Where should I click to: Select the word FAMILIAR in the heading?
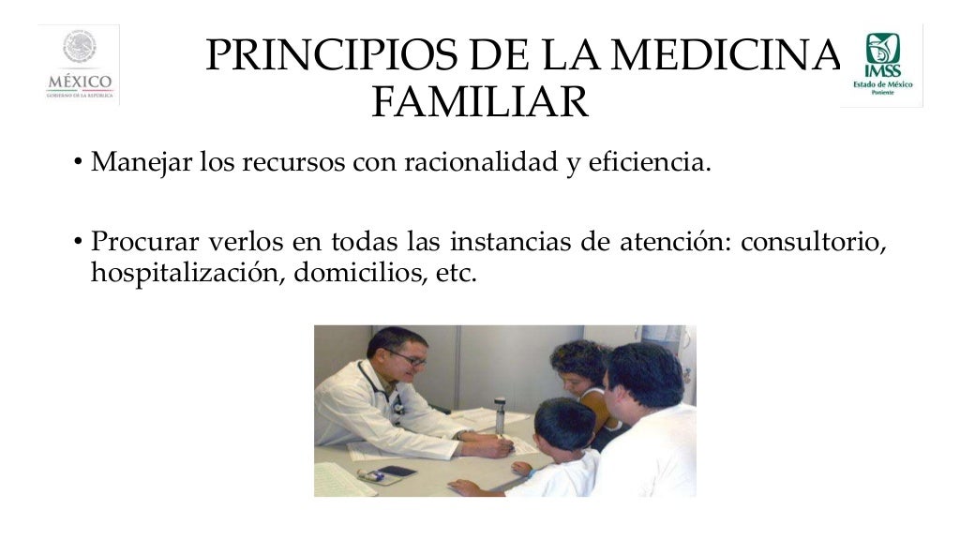[x=479, y=102]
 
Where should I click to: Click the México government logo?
[x=79, y=65]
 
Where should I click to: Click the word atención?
[x=675, y=242]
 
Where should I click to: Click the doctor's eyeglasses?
[x=407, y=358]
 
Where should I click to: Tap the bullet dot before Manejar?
[x=78, y=165]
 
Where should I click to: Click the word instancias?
[x=510, y=242]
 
